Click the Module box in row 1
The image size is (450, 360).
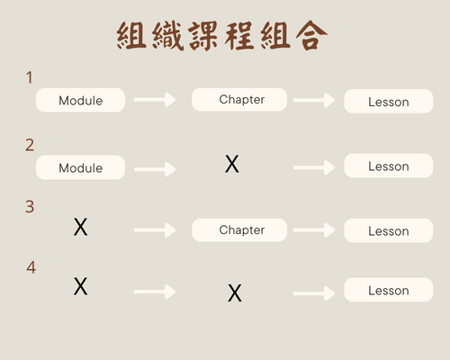point(80,100)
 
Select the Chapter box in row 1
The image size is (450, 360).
point(239,99)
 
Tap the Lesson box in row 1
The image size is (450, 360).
point(389,101)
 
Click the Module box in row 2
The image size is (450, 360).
point(80,167)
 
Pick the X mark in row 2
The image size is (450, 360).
point(232,164)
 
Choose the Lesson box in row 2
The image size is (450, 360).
point(389,166)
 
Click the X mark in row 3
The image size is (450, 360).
point(81,227)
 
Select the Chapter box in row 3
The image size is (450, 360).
point(239,230)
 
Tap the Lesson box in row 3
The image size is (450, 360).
point(389,230)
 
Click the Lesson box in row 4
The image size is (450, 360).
point(389,290)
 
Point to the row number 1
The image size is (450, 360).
point(30,77)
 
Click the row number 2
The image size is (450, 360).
point(30,145)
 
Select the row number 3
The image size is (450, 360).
point(30,207)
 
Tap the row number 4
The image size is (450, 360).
point(31,267)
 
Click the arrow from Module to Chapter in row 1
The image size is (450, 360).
point(155,100)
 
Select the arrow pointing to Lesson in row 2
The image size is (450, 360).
point(314,167)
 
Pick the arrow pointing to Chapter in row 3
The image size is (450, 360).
point(155,230)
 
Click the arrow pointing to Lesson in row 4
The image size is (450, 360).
point(314,293)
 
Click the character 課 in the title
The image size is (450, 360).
point(203,36)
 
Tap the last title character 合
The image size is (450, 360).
point(311,35)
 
